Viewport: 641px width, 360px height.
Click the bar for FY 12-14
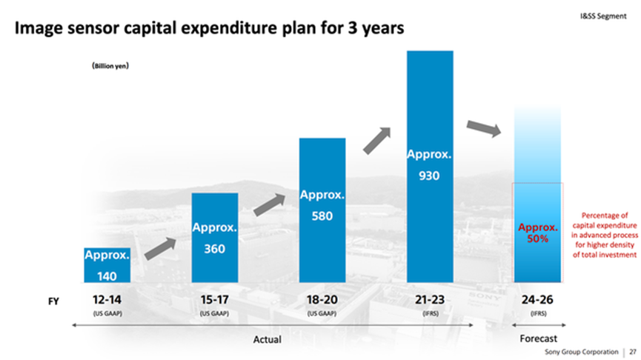107,264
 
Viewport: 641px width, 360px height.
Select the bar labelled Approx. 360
215,238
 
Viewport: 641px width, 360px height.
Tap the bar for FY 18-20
322,210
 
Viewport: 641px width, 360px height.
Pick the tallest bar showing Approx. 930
430,167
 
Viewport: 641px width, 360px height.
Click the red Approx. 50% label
537,233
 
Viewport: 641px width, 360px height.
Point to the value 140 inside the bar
107,276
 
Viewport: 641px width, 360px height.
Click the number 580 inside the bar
322,216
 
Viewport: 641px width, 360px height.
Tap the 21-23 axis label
430,300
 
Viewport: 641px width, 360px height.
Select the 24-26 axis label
537,300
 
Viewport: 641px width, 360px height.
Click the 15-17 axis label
215,300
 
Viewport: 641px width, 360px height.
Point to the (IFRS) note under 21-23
430,313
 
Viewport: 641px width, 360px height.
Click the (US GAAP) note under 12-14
107,313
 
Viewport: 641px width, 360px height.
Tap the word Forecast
539,339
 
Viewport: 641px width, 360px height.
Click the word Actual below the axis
267,339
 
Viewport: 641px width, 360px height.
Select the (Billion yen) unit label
110,66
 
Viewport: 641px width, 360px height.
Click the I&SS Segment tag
603,16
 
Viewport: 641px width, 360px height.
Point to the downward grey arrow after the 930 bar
484,128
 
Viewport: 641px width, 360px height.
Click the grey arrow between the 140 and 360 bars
160,248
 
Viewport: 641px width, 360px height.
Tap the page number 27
633,352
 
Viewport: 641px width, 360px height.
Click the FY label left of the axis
53,301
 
